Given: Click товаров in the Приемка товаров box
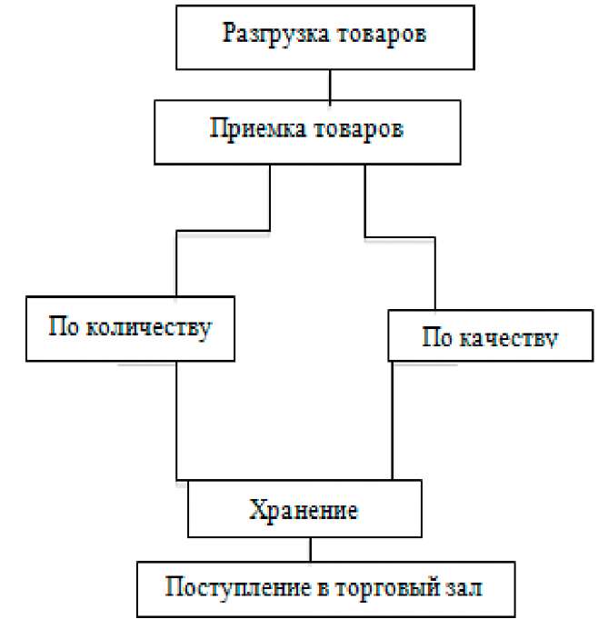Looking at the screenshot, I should pos(364,128).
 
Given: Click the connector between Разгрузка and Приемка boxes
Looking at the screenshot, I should pos(330,85).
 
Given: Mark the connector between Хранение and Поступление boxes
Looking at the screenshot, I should pos(310,551).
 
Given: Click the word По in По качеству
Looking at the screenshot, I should pos(437,338).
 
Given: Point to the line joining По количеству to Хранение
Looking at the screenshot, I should pos(176,418).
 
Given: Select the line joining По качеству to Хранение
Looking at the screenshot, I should pos(392,418).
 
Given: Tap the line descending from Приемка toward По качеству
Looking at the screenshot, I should pos(365,200).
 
